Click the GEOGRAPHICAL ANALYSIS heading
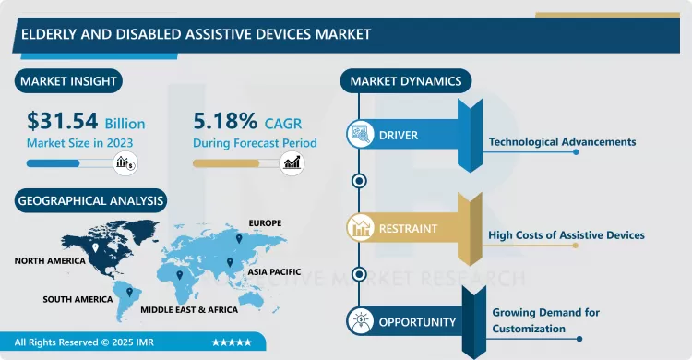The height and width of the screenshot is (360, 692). click(x=89, y=200)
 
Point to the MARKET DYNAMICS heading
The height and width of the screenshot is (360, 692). click(x=405, y=81)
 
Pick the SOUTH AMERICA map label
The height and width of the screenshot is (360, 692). click(x=78, y=300)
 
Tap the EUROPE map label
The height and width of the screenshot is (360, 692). click(x=265, y=223)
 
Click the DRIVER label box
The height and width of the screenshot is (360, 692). click(x=398, y=136)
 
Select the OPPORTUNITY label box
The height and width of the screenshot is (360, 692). click(x=417, y=322)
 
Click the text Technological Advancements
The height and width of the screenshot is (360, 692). click(x=561, y=142)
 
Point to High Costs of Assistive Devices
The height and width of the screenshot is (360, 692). click(x=566, y=235)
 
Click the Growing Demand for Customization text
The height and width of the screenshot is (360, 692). click(x=544, y=320)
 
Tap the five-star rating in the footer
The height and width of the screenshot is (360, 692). click(x=232, y=342)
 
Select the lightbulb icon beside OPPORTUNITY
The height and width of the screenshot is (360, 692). click(x=358, y=321)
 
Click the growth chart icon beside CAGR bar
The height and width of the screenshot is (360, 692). click(x=292, y=163)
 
